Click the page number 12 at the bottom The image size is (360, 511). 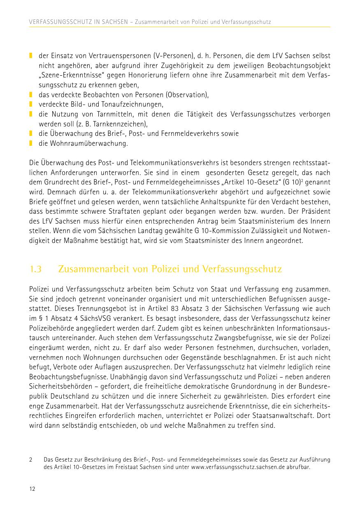32,489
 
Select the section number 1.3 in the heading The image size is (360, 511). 36,269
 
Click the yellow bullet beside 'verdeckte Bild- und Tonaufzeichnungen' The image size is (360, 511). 31,105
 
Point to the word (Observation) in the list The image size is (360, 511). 188,95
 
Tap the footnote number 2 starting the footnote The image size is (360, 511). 31,459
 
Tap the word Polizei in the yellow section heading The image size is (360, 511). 166,269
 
